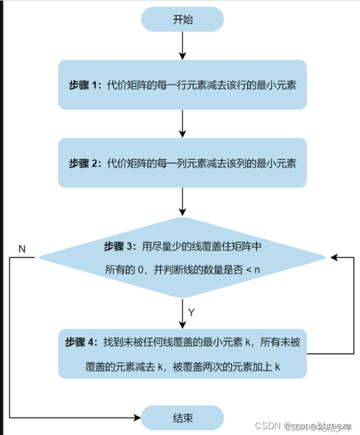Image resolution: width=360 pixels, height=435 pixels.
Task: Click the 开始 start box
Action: (x=182, y=19)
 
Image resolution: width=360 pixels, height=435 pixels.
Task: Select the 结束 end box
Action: (x=182, y=419)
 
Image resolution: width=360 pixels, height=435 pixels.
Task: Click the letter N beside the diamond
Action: (x=22, y=249)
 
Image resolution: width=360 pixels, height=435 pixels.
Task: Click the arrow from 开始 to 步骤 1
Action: (x=183, y=45)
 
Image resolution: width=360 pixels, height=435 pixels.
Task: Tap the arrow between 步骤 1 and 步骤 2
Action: (x=183, y=123)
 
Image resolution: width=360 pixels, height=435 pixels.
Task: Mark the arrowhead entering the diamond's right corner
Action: (x=333, y=257)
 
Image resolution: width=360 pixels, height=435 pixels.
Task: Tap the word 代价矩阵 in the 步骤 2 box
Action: (x=125, y=163)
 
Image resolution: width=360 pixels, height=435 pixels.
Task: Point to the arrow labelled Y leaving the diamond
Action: (x=183, y=309)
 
